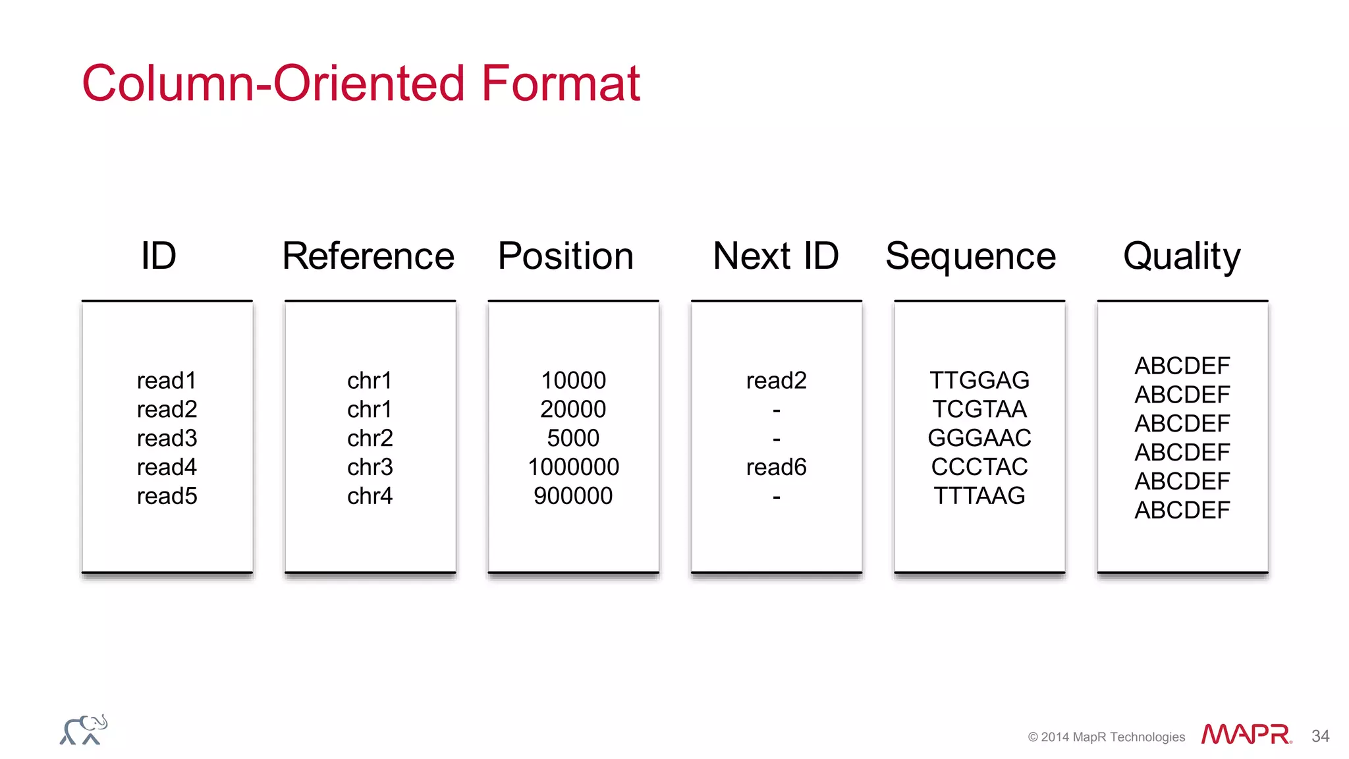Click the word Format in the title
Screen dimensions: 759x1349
tap(560, 84)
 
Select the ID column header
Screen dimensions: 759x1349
tap(159, 256)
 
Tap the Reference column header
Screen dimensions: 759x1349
tap(368, 256)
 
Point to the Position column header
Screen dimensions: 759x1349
tap(565, 256)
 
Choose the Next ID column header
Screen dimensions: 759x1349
tap(775, 256)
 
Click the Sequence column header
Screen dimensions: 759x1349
tap(970, 256)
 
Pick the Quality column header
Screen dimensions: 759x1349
tap(1182, 256)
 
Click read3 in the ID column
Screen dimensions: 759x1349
tap(167, 438)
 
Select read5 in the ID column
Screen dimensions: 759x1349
tap(167, 496)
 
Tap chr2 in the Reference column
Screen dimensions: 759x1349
tap(370, 438)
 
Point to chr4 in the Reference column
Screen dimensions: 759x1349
tap(370, 496)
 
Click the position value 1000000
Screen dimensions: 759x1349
tap(573, 467)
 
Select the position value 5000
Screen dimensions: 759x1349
tap(573, 438)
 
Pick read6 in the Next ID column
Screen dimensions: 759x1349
tap(776, 467)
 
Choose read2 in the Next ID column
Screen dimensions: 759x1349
tap(776, 380)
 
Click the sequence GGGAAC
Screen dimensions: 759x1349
tap(979, 438)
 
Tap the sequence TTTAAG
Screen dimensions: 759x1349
tap(979, 496)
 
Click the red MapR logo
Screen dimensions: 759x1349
tap(1246, 735)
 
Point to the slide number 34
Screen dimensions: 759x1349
tap(1320, 736)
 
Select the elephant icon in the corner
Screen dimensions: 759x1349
tap(84, 730)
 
